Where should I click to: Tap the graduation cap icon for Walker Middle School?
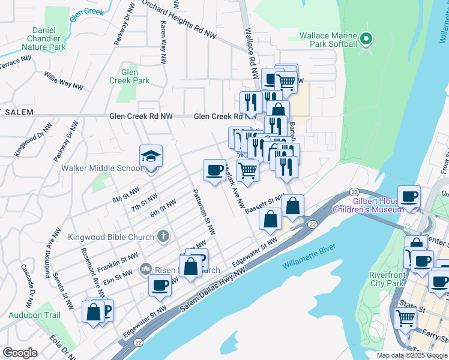pyautogui.click(x=150, y=157)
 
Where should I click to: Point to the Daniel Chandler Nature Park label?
pyautogui.click(x=40, y=38)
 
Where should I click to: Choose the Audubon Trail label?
pyautogui.click(x=34, y=314)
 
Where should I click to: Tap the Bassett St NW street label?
pyautogui.click(x=264, y=200)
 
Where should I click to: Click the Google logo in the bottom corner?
pyautogui.click(x=20, y=353)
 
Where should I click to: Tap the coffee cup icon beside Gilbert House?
pyautogui.click(x=409, y=197)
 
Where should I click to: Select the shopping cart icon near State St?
pyautogui.click(x=406, y=318)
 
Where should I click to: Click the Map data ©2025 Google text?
pyautogui.click(x=412, y=355)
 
